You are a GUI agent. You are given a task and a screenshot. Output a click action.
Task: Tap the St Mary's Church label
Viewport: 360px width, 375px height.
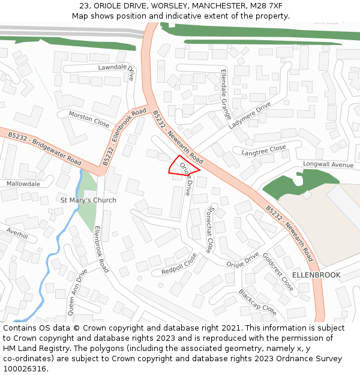click(x=88, y=200)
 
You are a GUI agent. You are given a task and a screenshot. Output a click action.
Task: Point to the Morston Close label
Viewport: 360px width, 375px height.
click(x=89, y=119)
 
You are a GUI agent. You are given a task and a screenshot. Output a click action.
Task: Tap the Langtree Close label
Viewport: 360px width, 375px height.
click(x=264, y=150)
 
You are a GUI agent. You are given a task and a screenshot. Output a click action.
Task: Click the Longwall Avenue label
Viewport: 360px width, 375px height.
click(x=328, y=164)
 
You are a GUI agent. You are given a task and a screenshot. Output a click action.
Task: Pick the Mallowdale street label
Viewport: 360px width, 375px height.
click(x=23, y=184)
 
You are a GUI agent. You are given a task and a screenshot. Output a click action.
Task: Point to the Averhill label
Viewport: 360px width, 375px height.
click(x=17, y=232)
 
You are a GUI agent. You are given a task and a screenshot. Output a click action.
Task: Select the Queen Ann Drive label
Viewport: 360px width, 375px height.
click(x=75, y=292)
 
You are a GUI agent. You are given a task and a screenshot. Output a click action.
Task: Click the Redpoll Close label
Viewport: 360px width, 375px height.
click(x=179, y=264)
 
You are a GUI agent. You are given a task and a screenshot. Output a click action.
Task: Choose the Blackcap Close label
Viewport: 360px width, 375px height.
click(x=257, y=302)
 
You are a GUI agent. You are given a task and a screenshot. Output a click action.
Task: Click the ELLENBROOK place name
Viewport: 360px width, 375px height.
click(x=316, y=275)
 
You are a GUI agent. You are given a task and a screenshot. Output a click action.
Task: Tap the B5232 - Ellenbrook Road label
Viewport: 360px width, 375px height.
click(x=124, y=137)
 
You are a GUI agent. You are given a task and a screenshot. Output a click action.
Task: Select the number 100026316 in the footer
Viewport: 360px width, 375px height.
click(x=25, y=368)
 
